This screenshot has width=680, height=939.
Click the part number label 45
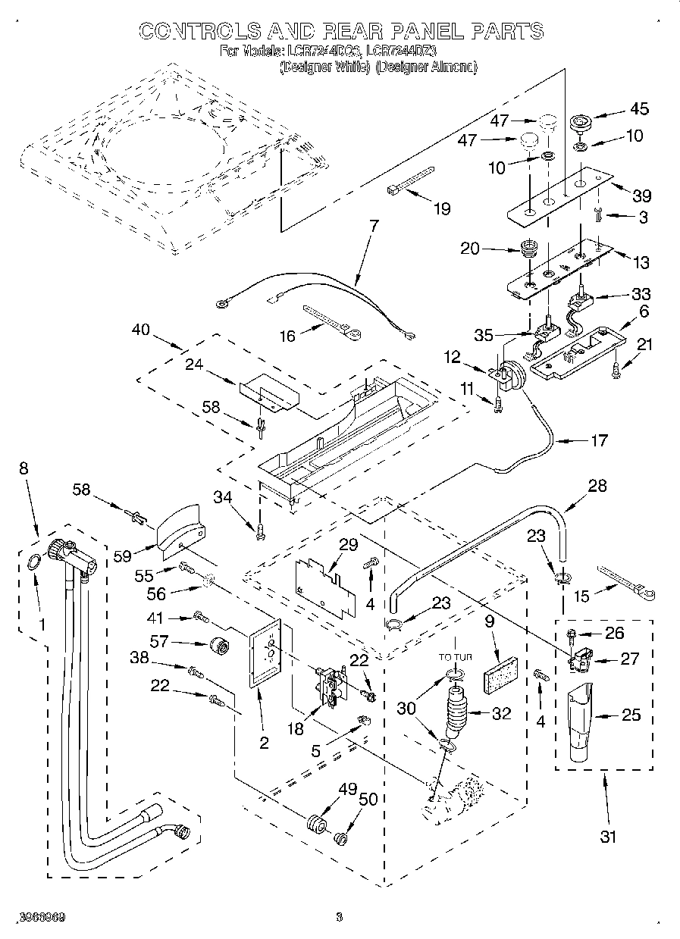click(639, 108)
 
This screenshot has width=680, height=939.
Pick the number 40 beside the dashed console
click(141, 330)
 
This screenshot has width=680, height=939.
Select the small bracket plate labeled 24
click(269, 393)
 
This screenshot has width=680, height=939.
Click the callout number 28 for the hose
click(597, 486)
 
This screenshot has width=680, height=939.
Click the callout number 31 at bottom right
click(608, 837)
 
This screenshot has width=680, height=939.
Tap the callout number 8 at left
click(24, 468)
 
